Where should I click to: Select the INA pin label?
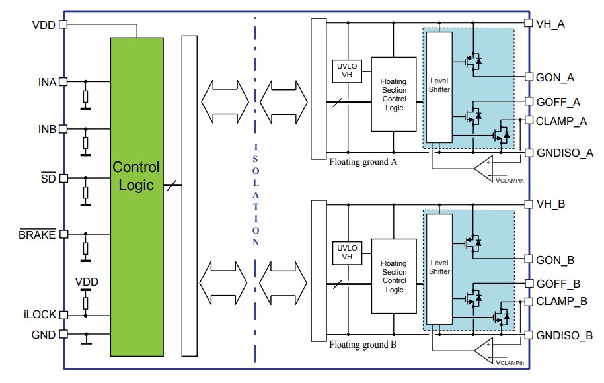(47, 82)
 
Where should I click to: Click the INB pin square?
(63, 128)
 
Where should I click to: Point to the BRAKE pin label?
(38, 235)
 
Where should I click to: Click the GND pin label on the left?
(44, 335)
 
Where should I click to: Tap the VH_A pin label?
(551, 23)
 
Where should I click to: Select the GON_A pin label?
(555, 77)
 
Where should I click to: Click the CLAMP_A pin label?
(561, 121)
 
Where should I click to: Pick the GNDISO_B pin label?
(564, 335)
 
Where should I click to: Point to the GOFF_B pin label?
(558, 284)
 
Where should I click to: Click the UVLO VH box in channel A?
(346, 71)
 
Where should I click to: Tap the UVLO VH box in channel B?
(346, 253)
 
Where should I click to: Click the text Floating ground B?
(362, 345)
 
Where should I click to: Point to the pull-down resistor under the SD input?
(85, 192)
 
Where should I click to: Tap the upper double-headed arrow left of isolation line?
(225, 101)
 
